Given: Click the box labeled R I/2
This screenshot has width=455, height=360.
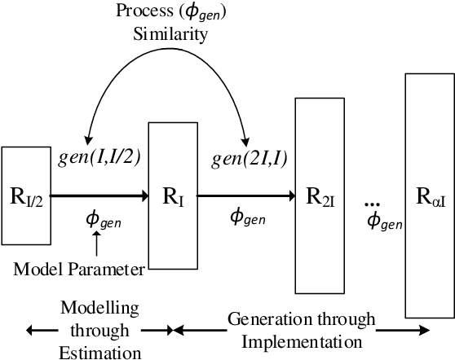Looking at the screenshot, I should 26,195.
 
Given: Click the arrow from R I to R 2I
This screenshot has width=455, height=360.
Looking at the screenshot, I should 245,195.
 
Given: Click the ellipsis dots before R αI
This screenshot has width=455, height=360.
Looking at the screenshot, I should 373,202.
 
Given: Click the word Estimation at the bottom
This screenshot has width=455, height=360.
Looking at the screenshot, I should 100,350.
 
